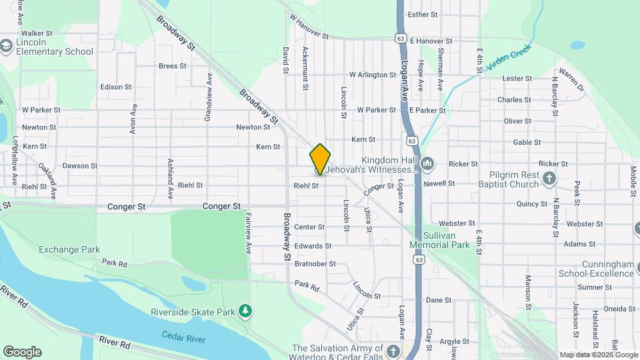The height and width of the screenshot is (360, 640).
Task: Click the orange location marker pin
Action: tap(320, 159)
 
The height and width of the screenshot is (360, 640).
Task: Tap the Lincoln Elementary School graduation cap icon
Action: tap(7, 46)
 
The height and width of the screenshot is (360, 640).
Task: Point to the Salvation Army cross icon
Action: tap(394, 351)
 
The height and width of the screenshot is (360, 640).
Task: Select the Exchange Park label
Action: tap(69, 249)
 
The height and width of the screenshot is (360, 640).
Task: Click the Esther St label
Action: tap(422, 14)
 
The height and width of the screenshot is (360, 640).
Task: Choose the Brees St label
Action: tap(172, 66)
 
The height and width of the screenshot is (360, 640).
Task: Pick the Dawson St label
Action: tap(79, 166)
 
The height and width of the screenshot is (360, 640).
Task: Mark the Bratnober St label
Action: tap(315, 264)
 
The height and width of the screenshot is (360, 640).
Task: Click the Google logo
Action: tap(22, 352)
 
